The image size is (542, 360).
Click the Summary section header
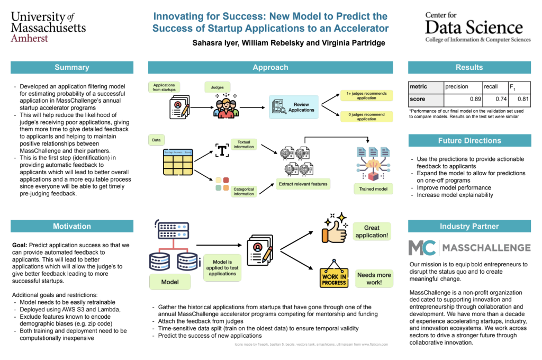tap(71, 67)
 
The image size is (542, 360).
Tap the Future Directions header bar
tap(469, 141)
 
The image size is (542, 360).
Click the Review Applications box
tap(294, 107)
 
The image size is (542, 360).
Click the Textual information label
tap(243, 144)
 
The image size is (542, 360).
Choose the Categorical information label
tap(243, 191)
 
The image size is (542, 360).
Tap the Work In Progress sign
tap(334, 273)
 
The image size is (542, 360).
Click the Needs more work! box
tap(374, 278)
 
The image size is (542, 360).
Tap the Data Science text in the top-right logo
tap(474, 26)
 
